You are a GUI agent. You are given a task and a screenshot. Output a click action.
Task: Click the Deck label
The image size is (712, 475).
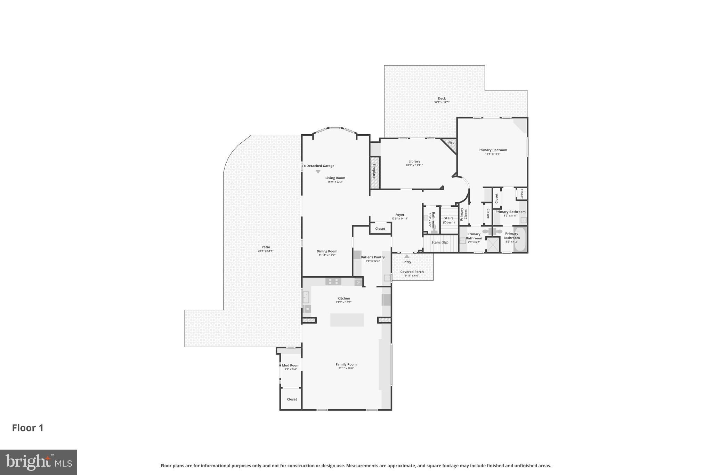[x=442, y=98]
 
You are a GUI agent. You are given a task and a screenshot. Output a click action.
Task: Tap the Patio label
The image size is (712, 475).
[x=266, y=247]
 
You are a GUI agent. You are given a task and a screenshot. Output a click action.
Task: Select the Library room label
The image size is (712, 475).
[x=414, y=161]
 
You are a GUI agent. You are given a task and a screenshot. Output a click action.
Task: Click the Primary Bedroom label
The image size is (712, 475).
[x=493, y=150]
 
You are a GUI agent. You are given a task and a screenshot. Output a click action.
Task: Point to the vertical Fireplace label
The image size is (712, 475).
[x=374, y=172]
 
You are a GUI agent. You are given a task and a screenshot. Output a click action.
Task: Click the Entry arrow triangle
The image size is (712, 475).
[x=407, y=256]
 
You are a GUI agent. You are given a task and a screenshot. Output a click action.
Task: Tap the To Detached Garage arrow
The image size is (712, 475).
[x=318, y=172]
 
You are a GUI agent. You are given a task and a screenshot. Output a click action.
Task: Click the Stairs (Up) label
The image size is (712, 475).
[x=440, y=242]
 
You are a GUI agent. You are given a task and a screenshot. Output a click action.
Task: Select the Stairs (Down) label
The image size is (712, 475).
[x=449, y=220]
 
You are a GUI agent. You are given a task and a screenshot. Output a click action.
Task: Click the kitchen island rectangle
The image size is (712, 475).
[x=347, y=320]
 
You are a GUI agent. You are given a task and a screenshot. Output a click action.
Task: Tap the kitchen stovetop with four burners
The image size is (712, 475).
[x=333, y=281]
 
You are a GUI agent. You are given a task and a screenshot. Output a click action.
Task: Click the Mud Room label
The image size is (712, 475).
[x=291, y=365]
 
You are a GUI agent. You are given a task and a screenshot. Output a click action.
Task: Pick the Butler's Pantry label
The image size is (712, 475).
[x=373, y=257]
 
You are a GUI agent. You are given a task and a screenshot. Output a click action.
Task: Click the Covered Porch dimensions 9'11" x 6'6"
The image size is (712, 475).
[x=412, y=276]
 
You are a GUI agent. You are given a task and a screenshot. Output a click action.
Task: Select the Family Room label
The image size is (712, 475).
[x=346, y=364]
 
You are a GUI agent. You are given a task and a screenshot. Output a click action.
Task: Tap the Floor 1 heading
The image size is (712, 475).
[x=28, y=428]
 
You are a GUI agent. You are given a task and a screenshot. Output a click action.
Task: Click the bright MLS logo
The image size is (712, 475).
[x=39, y=462]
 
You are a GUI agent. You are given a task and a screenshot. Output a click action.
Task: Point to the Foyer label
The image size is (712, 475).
[x=400, y=215]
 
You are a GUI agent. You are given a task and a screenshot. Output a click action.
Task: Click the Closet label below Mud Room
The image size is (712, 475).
[x=292, y=399]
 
